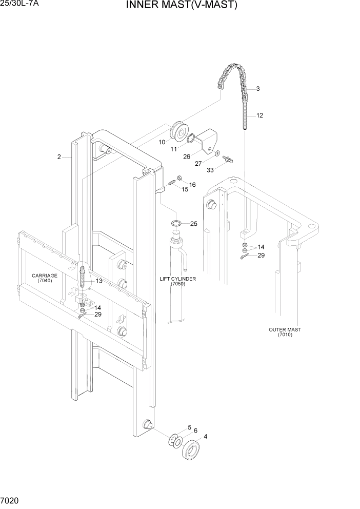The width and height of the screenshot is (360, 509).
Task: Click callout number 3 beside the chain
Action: coord(257,89)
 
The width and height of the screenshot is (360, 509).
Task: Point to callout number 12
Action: coord(259,115)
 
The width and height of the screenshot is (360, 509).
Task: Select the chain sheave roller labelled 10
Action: coord(180,131)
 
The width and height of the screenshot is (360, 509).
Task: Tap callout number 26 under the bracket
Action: coord(187,157)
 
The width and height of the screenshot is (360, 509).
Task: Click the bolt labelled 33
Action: coord(229,160)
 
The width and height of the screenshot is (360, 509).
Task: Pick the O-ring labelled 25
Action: coord(175,224)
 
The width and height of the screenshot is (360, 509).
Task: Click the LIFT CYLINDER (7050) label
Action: coord(178,281)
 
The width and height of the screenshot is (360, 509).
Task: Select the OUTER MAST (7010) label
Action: coord(285,332)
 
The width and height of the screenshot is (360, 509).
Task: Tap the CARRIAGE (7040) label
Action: coord(45,278)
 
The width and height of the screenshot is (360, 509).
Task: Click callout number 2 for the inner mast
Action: coord(59,157)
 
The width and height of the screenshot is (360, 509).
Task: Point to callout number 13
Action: coord(98,281)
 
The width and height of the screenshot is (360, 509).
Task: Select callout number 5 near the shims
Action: coord(189,427)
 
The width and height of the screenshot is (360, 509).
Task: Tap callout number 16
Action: coord(192,184)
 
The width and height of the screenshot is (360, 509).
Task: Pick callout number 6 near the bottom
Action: coord(195,431)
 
